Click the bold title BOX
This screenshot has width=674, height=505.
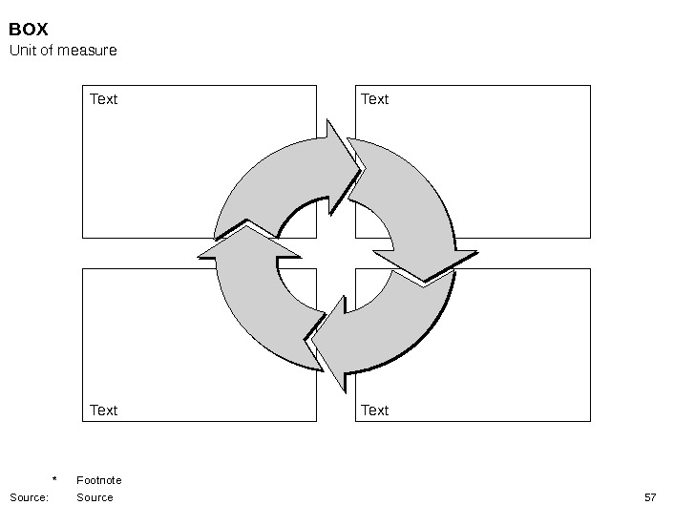29,30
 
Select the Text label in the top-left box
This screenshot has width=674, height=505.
103,99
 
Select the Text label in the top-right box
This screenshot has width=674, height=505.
374,99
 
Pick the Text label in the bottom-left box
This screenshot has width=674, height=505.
103,410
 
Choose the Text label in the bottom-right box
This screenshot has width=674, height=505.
374,410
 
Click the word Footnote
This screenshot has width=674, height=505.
99,480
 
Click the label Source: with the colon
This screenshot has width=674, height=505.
29,497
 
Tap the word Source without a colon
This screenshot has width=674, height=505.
95,497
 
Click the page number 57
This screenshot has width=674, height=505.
650,497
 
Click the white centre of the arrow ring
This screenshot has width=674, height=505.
335,254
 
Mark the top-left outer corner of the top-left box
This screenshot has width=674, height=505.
83,86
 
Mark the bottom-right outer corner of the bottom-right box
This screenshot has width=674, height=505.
590,421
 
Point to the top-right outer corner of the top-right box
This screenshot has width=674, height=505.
590,86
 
